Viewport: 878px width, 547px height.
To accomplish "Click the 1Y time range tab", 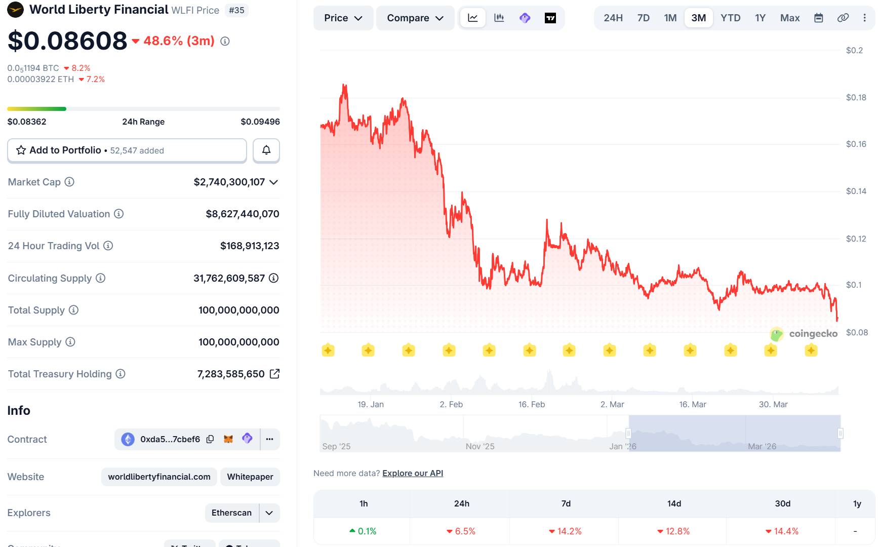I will coord(760,18).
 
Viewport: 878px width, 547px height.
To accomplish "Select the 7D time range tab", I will coord(643,18).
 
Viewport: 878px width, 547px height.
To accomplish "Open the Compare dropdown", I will coord(415,18).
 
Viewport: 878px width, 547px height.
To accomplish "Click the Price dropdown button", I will coord(343,18).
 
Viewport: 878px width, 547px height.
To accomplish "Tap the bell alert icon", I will coord(266,150).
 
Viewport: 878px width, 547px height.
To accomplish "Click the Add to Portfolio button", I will coord(127,150).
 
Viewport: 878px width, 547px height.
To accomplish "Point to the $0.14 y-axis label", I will coord(856,191).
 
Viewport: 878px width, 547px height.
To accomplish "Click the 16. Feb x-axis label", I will coord(531,404).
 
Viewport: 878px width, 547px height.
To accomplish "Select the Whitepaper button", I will coord(250,477).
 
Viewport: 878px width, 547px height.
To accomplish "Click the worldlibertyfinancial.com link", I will coord(159,477).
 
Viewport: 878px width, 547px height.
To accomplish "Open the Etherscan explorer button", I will coord(231,513).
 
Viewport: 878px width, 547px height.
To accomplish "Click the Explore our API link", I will coord(413,473).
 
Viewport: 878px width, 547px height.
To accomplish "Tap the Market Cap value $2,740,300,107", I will coord(229,182).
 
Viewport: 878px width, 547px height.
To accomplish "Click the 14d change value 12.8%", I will coord(673,531).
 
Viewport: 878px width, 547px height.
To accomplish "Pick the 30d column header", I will coord(782,503).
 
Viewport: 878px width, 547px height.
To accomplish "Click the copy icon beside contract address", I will coord(210,439).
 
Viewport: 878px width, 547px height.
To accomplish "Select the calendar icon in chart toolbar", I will coord(818,18).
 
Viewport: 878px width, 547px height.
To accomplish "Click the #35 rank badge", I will coord(236,10).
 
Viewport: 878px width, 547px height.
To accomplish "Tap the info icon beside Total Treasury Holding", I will coord(121,374).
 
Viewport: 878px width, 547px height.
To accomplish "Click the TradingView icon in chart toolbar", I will coord(550,18).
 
